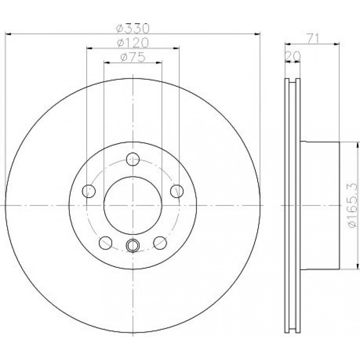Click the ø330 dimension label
[x=133, y=28]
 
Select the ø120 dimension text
[x=133, y=42]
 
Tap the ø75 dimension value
[x=133, y=57]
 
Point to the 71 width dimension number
[x=313, y=38]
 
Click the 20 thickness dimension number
[x=292, y=56]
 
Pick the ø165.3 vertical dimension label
[x=353, y=205]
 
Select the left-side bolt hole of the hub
[x=89, y=191]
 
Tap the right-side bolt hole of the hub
[x=177, y=191]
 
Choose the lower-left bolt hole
[x=106, y=243]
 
